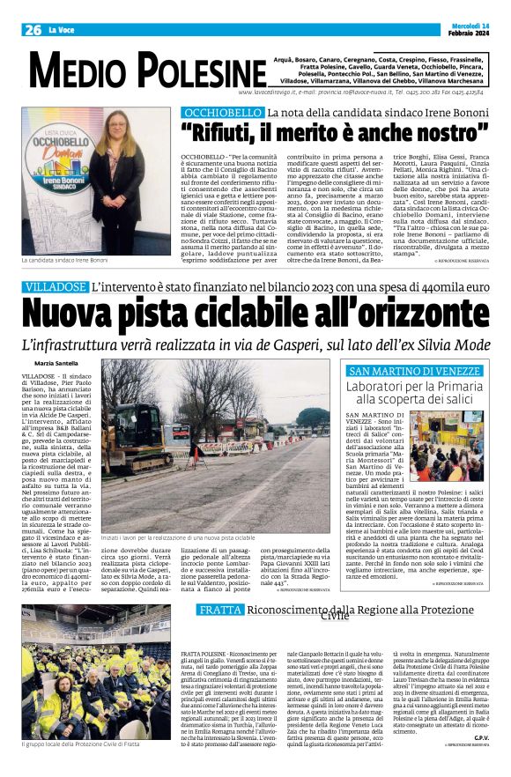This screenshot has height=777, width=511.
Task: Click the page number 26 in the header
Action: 33,30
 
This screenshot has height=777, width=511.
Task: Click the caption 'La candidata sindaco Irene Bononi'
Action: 65,261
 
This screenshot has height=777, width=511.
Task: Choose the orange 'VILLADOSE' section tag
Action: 55,286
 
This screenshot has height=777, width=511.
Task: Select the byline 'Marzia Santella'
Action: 55,362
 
